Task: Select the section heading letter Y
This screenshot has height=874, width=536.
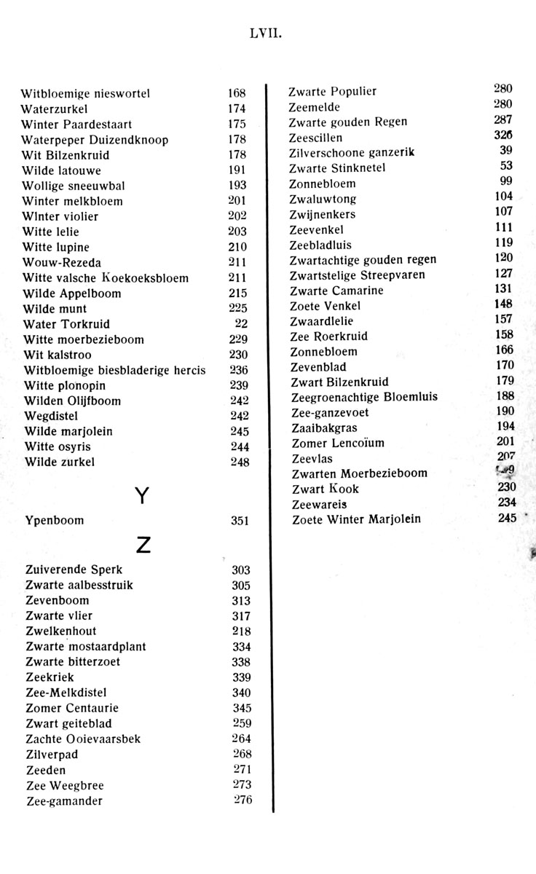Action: [x=143, y=496]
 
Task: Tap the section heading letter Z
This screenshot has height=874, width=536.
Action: [x=143, y=544]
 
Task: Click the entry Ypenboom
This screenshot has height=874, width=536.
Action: [x=54, y=521]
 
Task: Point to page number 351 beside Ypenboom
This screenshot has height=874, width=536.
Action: [x=240, y=521]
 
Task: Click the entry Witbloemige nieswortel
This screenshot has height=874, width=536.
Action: [x=85, y=93]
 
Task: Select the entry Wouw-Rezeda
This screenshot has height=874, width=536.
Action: [x=62, y=262]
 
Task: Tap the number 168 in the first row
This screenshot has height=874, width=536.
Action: [x=237, y=93]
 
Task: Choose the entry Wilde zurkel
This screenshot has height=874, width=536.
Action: [x=60, y=462]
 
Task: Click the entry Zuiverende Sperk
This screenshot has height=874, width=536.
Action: [x=74, y=570]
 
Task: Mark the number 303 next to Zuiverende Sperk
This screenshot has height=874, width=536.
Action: [x=241, y=570]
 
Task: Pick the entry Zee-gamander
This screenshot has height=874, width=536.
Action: [x=64, y=801]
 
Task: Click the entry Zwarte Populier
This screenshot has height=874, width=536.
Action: [x=333, y=92]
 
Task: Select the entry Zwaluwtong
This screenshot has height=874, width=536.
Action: [x=323, y=199]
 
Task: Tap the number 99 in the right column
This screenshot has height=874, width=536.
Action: [x=507, y=181]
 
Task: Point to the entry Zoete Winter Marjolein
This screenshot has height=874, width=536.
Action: [x=356, y=519]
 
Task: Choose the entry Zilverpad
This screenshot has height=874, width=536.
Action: [x=52, y=755]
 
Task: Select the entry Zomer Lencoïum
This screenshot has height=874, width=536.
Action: [x=338, y=443]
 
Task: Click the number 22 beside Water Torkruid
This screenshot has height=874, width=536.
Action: [x=242, y=323]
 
